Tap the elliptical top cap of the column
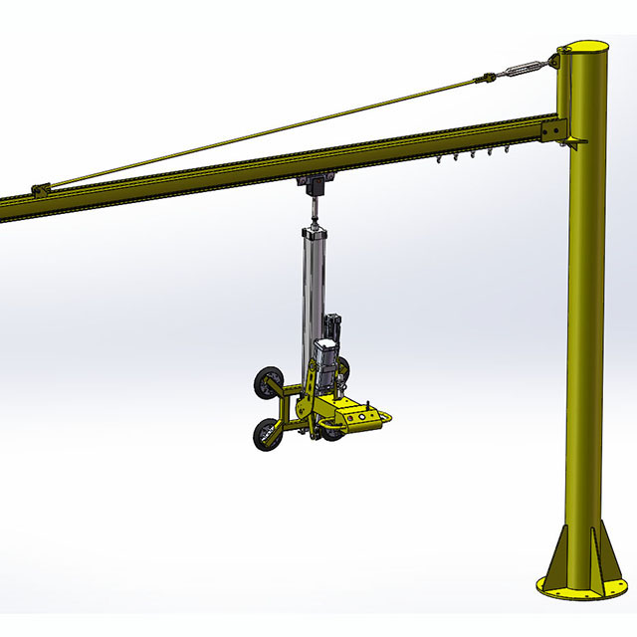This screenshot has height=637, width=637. [582, 47]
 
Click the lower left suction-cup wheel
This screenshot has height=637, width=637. [266, 434]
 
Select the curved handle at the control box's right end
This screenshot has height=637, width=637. [391, 419]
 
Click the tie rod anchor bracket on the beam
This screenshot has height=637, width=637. [40, 188]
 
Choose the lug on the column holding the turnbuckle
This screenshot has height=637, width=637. [550, 63]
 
